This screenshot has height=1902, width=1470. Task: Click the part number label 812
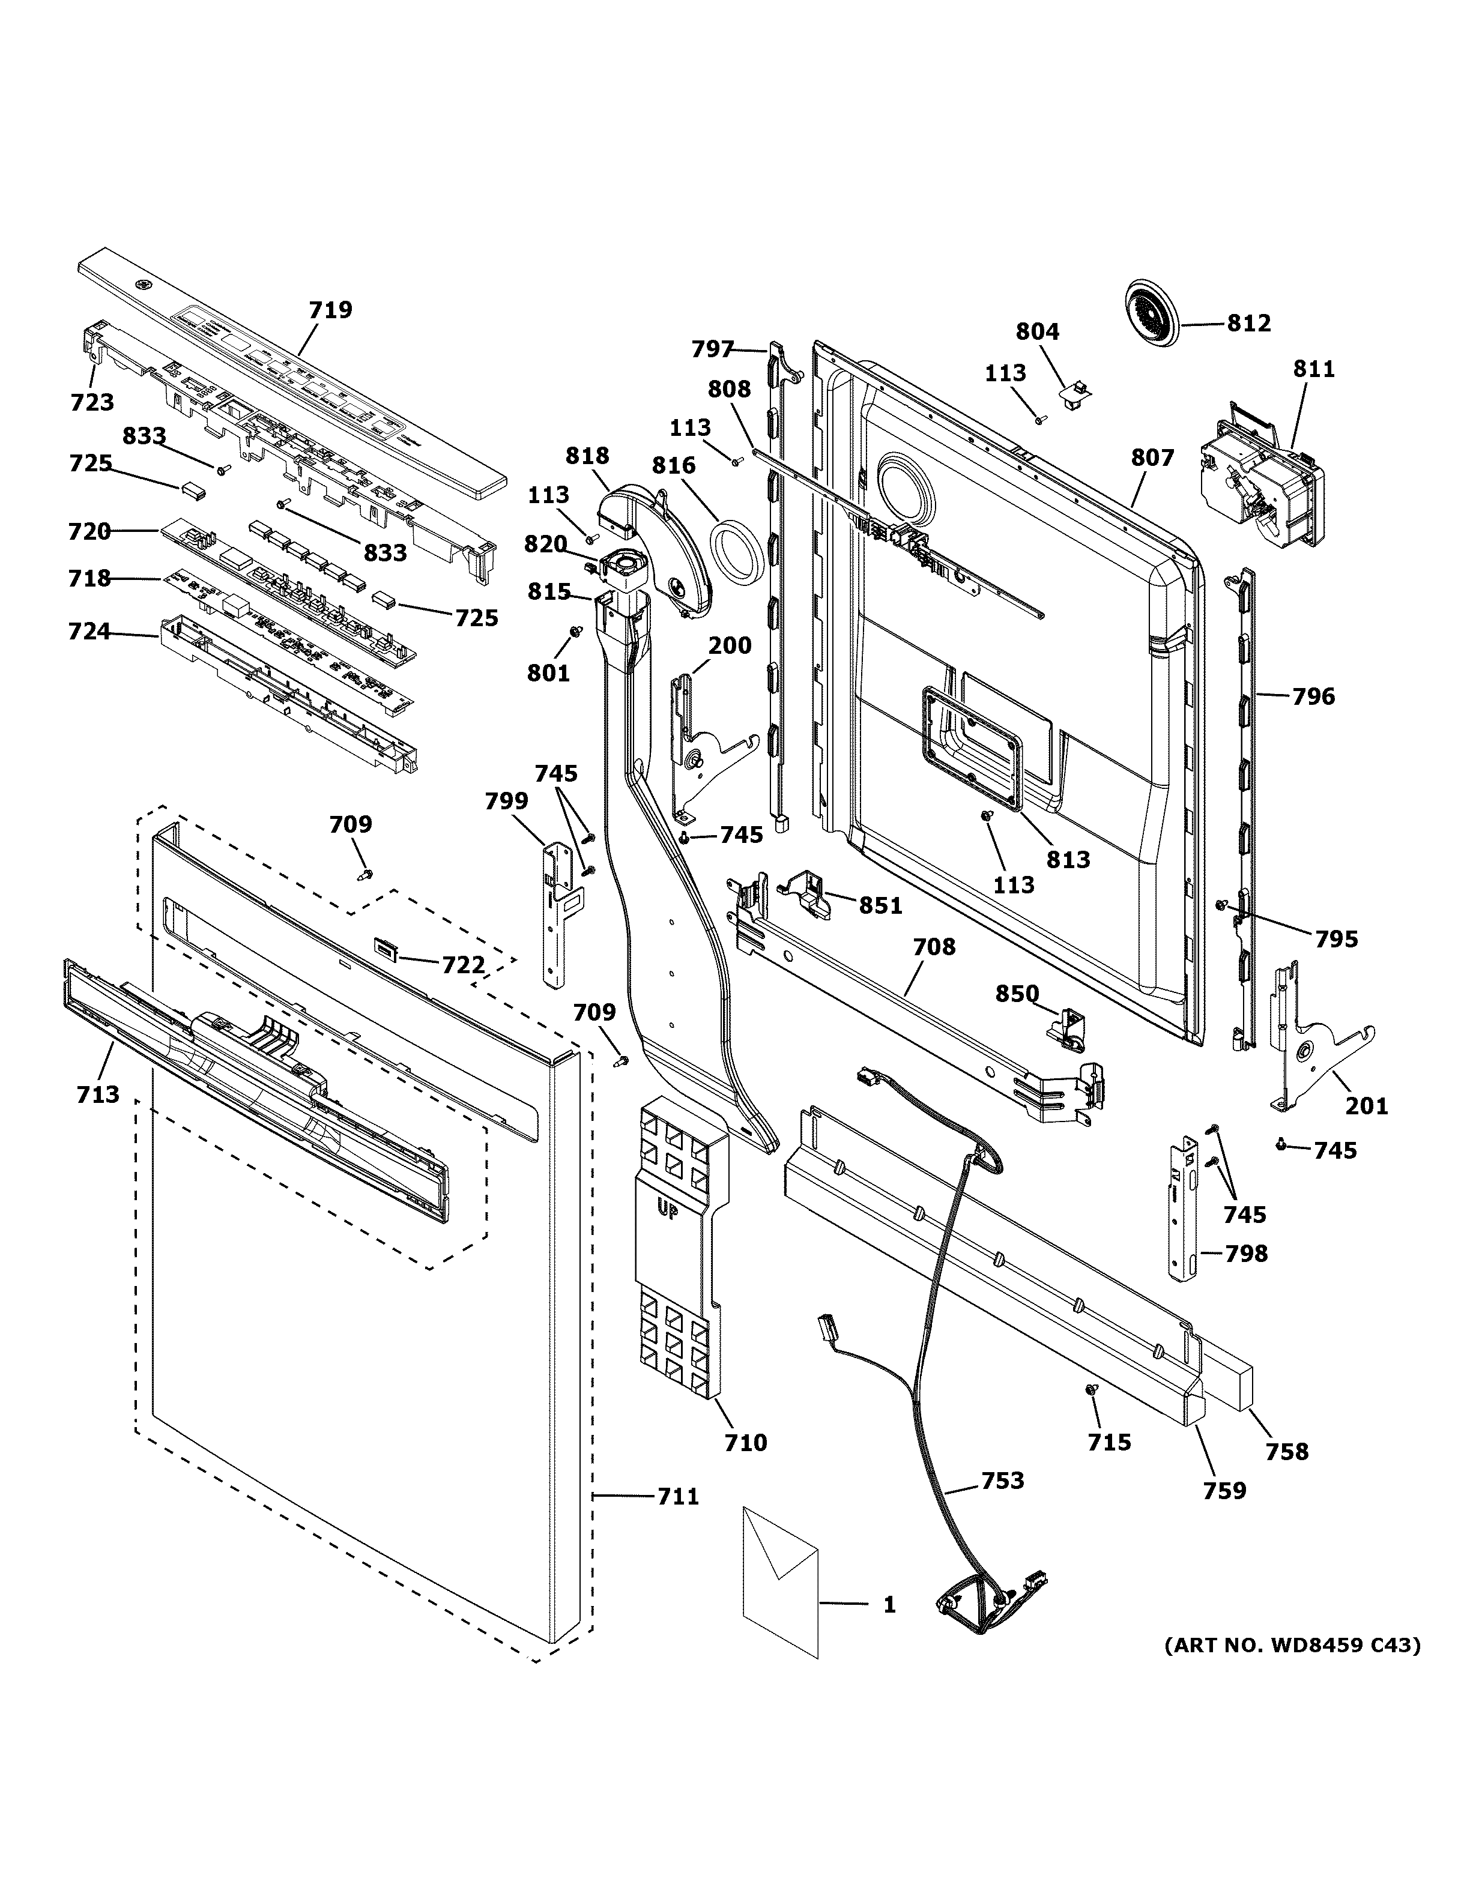click(x=1249, y=323)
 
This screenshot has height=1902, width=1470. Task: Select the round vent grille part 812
click(x=1151, y=319)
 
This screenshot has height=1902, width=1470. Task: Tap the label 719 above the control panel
click(x=331, y=310)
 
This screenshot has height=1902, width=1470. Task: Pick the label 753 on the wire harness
click(x=1002, y=1481)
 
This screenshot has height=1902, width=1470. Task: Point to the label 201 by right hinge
click(x=1366, y=1106)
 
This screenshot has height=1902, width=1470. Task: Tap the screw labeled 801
click(x=575, y=630)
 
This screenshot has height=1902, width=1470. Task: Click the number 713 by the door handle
click(x=97, y=1094)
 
